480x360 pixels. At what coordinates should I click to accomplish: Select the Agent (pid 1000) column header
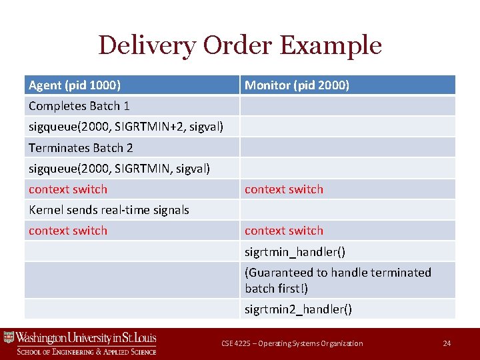(75, 85)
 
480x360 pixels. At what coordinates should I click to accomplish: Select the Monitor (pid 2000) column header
(297, 85)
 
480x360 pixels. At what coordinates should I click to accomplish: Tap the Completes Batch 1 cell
(79, 106)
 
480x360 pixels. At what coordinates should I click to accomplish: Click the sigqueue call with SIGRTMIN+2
(125, 127)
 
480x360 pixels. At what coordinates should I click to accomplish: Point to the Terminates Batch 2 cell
(81, 148)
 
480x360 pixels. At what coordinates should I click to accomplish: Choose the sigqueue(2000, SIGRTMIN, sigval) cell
(119, 169)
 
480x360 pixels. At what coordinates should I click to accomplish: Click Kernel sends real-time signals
(109, 210)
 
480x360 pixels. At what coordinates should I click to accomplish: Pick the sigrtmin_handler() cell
(294, 252)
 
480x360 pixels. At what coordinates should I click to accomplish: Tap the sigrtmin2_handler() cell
(298, 309)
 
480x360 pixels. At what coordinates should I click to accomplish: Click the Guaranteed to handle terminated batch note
(337, 280)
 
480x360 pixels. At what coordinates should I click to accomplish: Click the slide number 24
(447, 343)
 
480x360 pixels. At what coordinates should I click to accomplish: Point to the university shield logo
(9, 338)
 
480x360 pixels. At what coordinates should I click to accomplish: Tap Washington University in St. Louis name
(86, 337)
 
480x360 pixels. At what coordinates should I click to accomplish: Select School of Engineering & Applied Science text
(86, 351)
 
